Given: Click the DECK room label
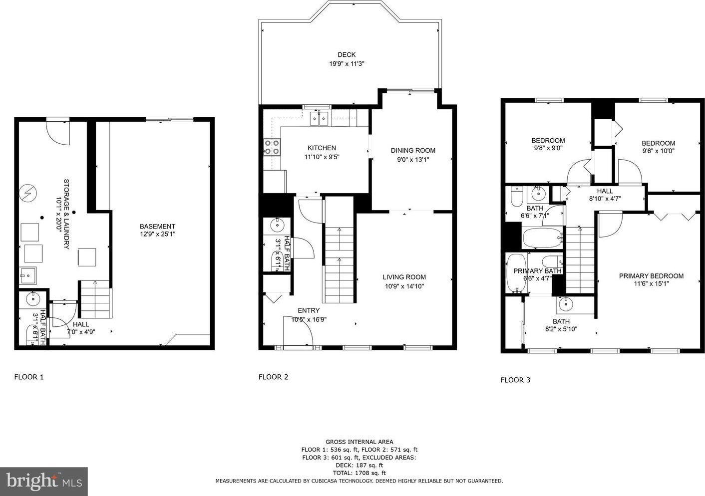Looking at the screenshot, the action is (x=347, y=55).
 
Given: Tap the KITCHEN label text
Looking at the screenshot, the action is (x=322, y=148).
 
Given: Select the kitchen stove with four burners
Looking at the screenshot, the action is (x=272, y=147).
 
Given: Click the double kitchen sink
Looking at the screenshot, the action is (x=319, y=118).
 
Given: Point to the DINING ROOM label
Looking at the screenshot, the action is (x=413, y=150).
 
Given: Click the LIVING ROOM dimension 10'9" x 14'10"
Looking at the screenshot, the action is (x=404, y=286).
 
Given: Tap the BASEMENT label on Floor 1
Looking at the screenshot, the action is (x=157, y=226).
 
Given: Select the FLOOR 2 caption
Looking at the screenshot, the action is (x=273, y=377).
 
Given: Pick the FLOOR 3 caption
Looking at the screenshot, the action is (x=515, y=380).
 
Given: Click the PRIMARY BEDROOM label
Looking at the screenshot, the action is (x=651, y=276).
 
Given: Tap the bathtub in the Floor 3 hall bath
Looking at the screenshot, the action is (x=543, y=238).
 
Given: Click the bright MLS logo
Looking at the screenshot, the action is (x=44, y=482).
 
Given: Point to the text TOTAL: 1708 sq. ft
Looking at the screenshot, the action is (x=359, y=473).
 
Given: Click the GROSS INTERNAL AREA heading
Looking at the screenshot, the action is (x=359, y=442).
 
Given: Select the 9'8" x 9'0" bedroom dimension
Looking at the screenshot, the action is (x=548, y=148).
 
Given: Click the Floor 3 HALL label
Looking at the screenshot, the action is (x=605, y=191).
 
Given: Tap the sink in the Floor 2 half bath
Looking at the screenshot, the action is (x=277, y=225).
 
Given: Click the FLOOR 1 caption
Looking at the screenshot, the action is (x=29, y=377).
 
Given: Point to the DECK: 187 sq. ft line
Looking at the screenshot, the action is (x=359, y=465).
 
